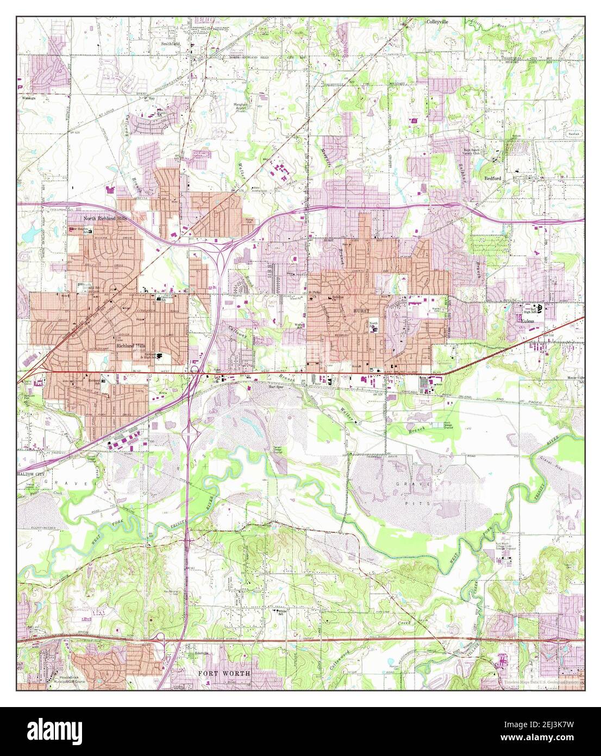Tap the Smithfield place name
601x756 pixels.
coord(170,43)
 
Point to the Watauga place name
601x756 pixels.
coord(29,98)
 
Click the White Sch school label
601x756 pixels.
coord(282,612)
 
